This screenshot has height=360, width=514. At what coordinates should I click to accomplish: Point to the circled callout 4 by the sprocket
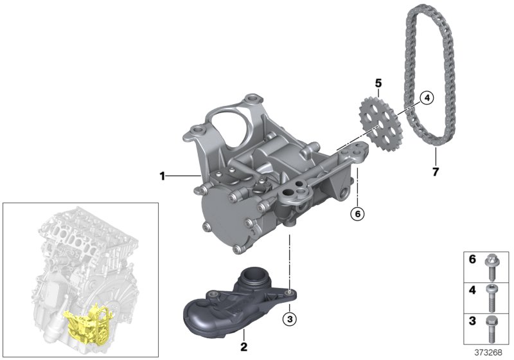(x=426, y=98)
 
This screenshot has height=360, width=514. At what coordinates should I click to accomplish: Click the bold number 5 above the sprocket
(x=378, y=84)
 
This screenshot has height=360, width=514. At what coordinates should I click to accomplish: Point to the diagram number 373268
(x=491, y=353)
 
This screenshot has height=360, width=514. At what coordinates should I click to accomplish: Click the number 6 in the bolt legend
(x=472, y=260)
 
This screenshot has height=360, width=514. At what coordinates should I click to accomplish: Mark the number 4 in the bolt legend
(x=472, y=291)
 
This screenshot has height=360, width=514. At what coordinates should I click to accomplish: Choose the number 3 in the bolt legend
(x=472, y=321)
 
